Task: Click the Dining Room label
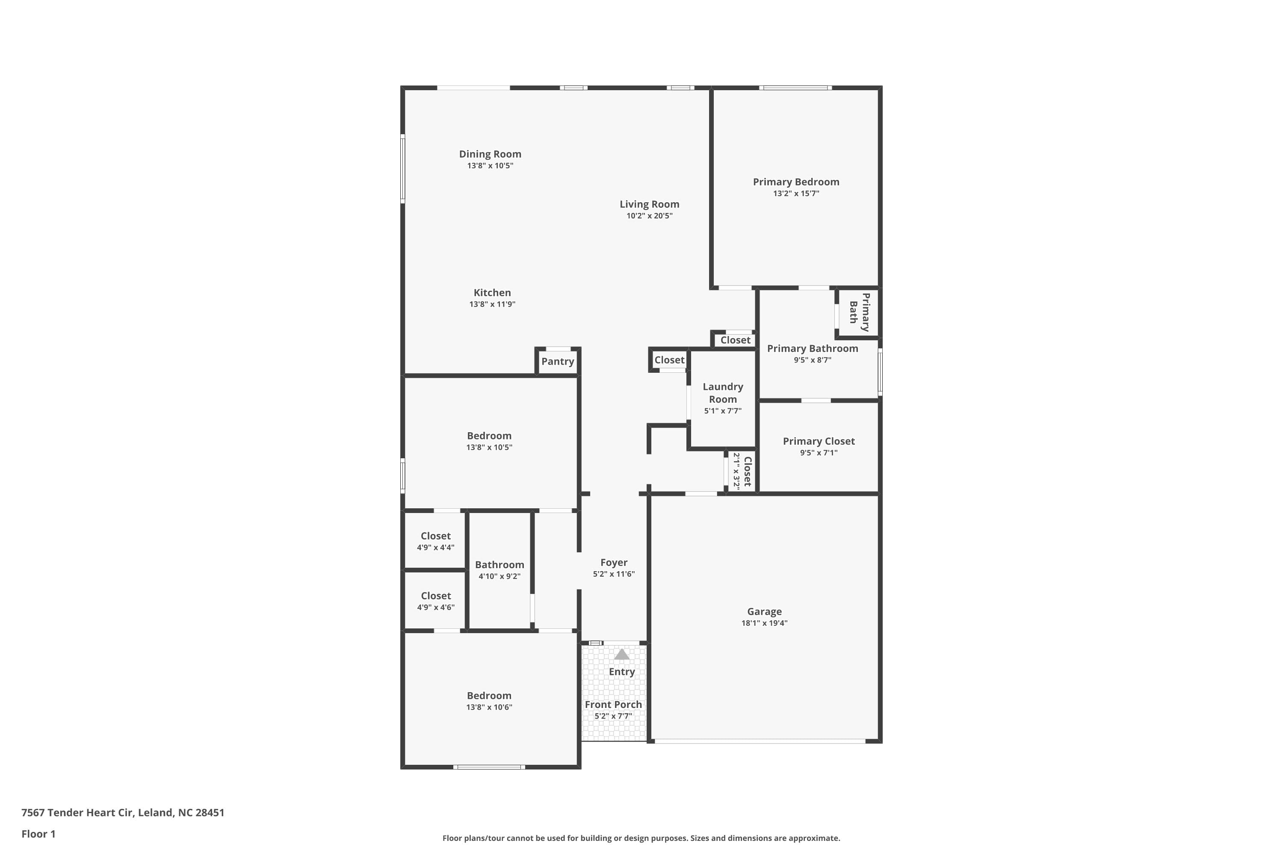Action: (490, 154)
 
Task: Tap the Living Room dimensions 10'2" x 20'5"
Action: (649, 216)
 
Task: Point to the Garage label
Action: (764, 612)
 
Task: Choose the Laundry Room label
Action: (723, 392)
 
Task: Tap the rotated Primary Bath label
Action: (859, 313)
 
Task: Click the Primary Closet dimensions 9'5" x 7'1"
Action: (818, 453)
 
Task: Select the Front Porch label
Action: (613, 705)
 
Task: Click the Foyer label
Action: (614, 562)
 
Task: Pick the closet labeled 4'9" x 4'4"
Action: (435, 541)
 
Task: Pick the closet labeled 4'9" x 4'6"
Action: (435, 601)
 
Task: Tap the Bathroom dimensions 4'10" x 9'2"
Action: (499, 576)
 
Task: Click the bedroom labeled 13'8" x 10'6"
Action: (489, 701)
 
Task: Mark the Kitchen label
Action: (492, 293)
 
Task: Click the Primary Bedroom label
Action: (796, 182)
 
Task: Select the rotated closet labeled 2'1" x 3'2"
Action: (742, 471)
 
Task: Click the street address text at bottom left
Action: (123, 813)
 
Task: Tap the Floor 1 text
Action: (38, 834)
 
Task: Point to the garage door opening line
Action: (760, 741)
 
